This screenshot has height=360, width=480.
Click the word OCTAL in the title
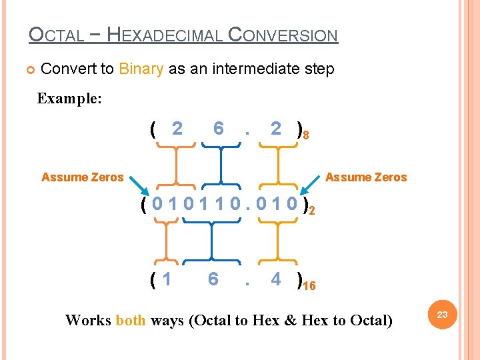(57, 35)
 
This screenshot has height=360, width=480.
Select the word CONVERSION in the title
(283, 35)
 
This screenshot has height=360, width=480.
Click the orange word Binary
(141, 69)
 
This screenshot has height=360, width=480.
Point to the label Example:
(69, 99)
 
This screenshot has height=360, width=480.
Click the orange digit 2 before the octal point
(177, 128)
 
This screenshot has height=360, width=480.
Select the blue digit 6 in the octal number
(218, 128)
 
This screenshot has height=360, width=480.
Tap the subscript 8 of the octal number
(305, 136)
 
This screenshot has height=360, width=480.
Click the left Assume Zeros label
(82, 177)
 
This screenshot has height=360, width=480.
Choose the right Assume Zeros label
(366, 177)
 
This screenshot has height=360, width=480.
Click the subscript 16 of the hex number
(309, 287)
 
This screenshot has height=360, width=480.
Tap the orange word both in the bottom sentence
(130, 320)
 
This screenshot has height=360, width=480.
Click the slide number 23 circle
(442, 313)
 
